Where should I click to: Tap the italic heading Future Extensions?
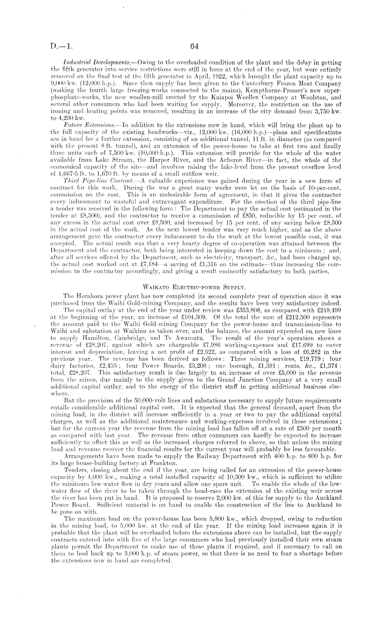click(86, 125)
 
